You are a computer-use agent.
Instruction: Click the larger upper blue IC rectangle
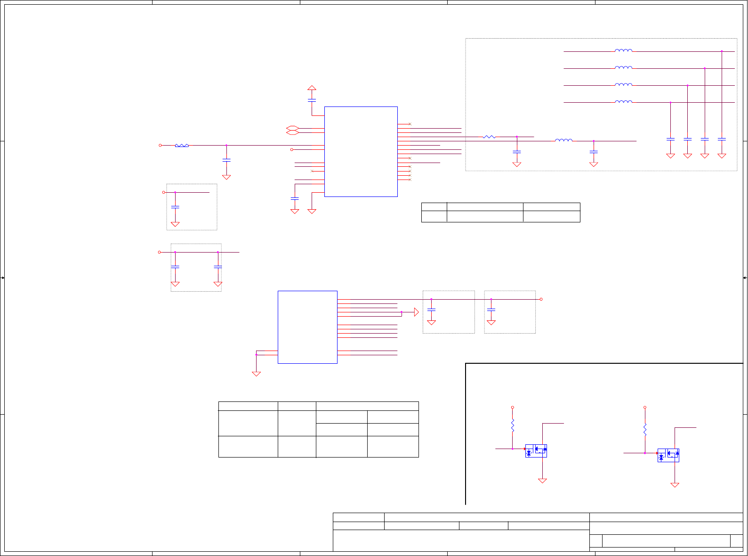[361, 151]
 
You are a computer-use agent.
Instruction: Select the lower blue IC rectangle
[307, 327]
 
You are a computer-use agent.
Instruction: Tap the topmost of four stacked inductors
[623, 50]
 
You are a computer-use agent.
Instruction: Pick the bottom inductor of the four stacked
[623, 101]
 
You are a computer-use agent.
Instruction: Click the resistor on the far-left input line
[182, 146]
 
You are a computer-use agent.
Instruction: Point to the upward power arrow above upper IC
[312, 88]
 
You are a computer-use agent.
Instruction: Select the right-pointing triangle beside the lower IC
[416, 312]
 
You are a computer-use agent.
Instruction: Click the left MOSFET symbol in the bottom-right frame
[536, 451]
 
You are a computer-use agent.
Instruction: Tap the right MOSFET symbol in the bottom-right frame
[668, 455]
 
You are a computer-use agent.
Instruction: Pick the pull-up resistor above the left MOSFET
[513, 425]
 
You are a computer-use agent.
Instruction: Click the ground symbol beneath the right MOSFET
[675, 484]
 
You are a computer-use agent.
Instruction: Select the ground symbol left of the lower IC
[256, 374]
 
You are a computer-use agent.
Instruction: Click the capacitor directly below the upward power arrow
[312, 100]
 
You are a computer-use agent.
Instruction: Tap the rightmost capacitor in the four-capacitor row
[722, 139]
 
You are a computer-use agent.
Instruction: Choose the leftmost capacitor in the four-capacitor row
[670, 139]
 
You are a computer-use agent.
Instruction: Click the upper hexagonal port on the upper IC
[292, 128]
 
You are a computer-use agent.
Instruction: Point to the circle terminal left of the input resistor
[160, 146]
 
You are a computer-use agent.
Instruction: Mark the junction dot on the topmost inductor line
[722, 51]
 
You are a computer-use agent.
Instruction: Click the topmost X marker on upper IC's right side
[410, 124]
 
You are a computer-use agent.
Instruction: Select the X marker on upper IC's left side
[312, 171]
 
